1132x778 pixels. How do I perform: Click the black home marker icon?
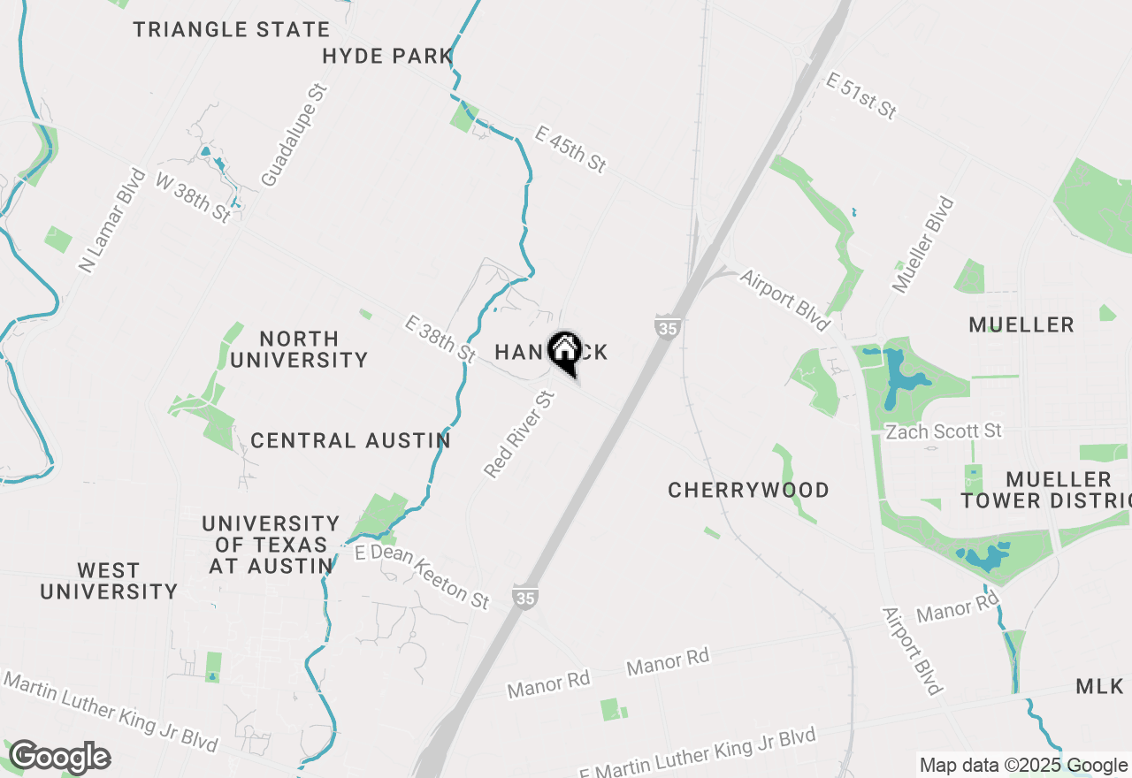564,350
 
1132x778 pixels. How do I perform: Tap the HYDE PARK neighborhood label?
387,57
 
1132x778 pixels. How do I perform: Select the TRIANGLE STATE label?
232,29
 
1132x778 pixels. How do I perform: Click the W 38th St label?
194,196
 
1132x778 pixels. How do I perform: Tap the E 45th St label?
571,149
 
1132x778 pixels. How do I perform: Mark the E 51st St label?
861,95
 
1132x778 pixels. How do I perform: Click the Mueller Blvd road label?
923,245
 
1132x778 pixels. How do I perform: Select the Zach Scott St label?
945,431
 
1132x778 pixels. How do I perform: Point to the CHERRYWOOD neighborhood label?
748,490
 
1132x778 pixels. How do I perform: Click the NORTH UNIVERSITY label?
299,349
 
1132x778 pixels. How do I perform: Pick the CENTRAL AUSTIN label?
350,440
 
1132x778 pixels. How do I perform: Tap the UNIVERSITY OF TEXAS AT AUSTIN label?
270,545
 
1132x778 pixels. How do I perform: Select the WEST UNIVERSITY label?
109,581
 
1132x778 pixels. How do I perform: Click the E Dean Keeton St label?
422,576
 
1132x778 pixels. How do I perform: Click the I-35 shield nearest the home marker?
668,328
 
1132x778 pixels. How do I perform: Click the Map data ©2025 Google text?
1023,766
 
